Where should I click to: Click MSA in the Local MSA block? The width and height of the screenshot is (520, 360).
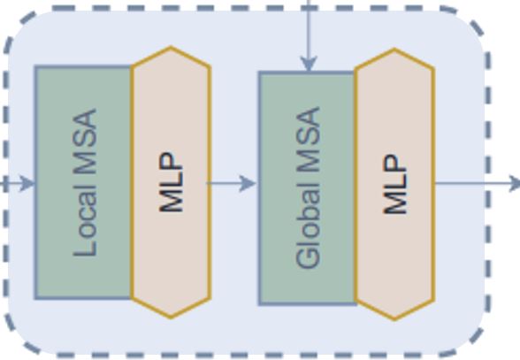click(x=85, y=142)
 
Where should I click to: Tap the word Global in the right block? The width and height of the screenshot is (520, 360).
click(x=308, y=226)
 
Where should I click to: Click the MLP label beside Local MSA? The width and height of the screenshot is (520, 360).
click(x=172, y=182)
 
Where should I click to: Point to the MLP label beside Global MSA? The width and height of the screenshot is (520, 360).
click(x=394, y=184)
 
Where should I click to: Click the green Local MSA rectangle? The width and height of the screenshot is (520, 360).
click(x=83, y=182)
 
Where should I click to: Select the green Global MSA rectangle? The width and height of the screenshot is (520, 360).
click(x=308, y=188)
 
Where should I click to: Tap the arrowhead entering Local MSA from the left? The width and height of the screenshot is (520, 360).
click(x=27, y=183)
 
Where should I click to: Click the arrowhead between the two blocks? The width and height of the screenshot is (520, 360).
click(x=248, y=183)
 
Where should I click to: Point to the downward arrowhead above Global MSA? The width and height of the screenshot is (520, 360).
click(x=309, y=64)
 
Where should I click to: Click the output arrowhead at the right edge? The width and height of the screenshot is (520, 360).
click(x=515, y=183)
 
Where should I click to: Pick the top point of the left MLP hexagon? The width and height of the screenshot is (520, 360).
click(x=171, y=48)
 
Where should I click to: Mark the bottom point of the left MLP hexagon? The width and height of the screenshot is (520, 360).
click(x=171, y=318)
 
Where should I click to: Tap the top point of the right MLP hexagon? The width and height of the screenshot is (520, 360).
click(x=394, y=50)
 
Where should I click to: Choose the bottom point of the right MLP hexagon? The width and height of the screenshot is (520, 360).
click(x=394, y=319)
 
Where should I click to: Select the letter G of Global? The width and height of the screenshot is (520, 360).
click(x=308, y=257)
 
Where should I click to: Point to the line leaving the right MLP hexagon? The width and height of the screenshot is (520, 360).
click(x=473, y=183)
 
